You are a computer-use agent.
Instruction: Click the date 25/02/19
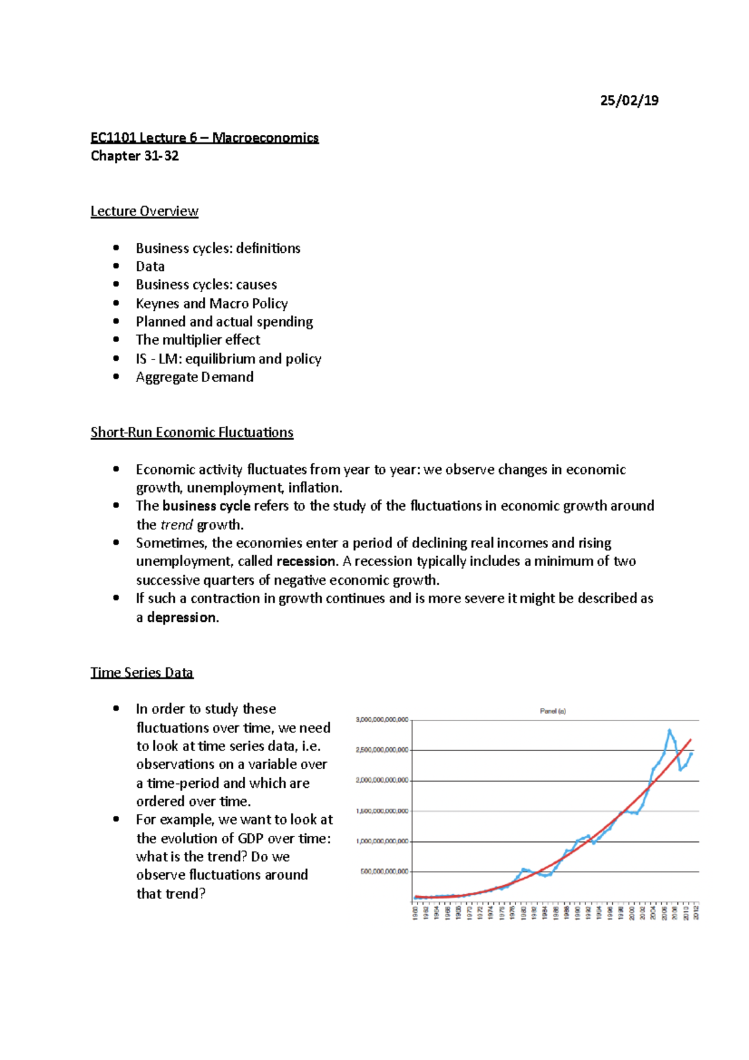pyautogui.click(x=629, y=101)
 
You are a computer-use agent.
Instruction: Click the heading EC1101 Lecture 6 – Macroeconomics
pyautogui.click(x=204, y=137)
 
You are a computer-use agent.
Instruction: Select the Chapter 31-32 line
pyautogui.click(x=135, y=156)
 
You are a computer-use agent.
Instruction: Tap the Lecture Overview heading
pyautogui.click(x=144, y=211)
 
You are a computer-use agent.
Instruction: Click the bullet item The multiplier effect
pyautogui.click(x=198, y=340)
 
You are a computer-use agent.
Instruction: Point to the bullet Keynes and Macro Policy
pyautogui.click(x=212, y=303)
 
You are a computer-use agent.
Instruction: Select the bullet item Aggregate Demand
pyautogui.click(x=195, y=377)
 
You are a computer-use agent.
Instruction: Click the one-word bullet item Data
pyautogui.click(x=150, y=267)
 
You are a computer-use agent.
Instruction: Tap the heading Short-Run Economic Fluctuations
pyautogui.click(x=192, y=432)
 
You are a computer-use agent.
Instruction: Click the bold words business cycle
pyautogui.click(x=206, y=506)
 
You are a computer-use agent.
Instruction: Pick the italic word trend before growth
pyautogui.click(x=177, y=524)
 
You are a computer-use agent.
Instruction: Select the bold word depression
pyautogui.click(x=182, y=617)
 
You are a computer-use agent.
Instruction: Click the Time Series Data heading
pyautogui.click(x=142, y=672)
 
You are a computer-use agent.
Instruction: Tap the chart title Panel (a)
pyautogui.click(x=552, y=711)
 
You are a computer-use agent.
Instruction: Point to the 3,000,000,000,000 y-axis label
pyautogui.click(x=382, y=720)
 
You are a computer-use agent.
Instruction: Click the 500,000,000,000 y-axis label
pyautogui.click(x=384, y=871)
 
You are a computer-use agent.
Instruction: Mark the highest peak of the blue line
pyautogui.click(x=669, y=730)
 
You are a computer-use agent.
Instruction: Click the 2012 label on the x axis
pyautogui.click(x=696, y=912)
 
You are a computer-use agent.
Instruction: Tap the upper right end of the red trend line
pyautogui.click(x=690, y=740)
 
